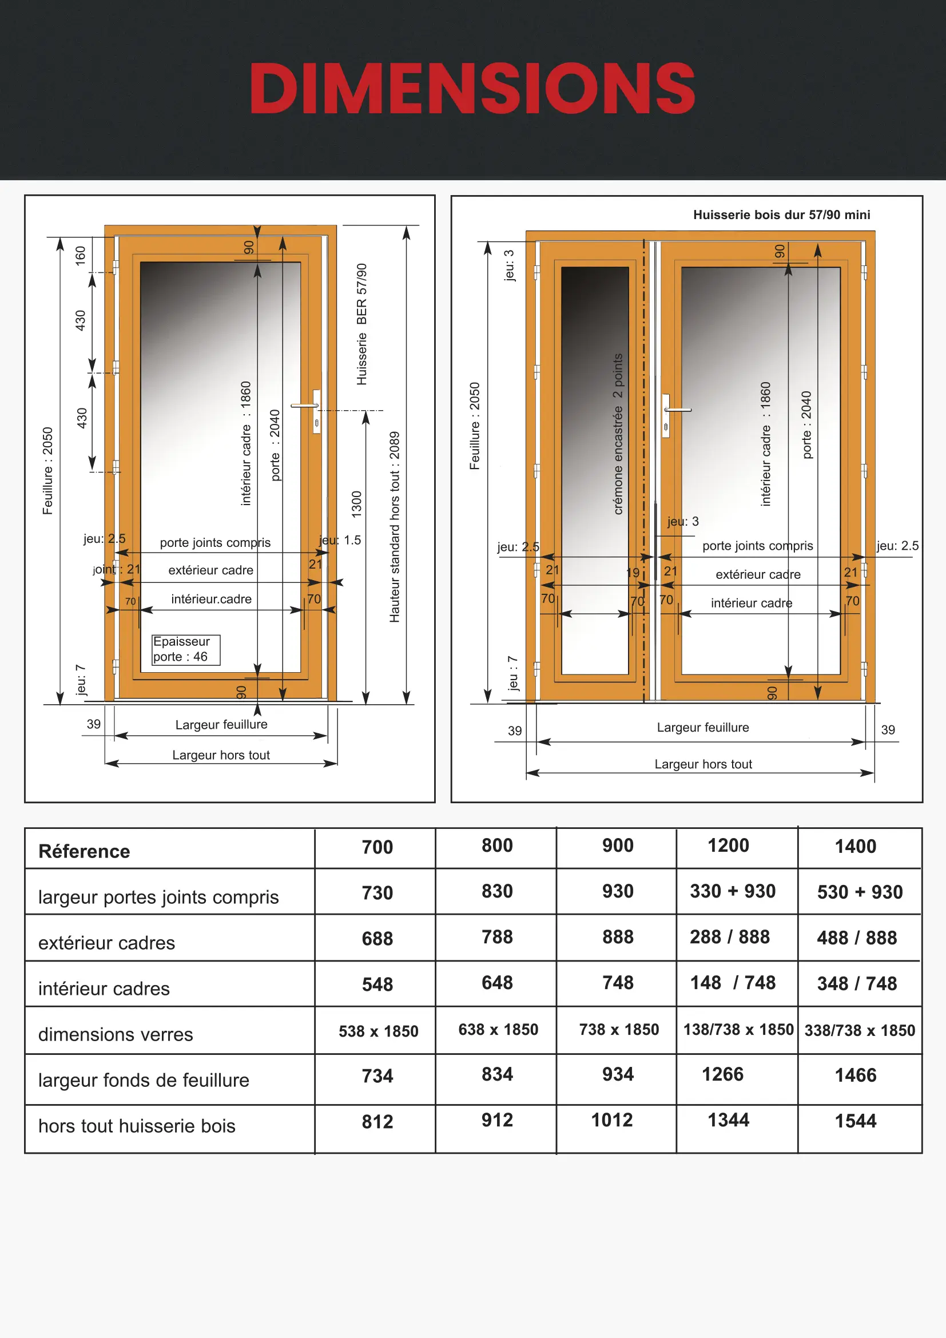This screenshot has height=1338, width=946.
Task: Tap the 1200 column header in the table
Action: click(728, 845)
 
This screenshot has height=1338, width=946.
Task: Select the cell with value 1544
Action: click(855, 1121)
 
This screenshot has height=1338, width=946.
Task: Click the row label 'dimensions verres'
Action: click(116, 1034)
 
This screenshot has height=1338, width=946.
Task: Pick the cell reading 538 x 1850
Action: click(378, 1031)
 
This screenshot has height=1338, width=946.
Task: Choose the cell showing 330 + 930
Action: click(732, 891)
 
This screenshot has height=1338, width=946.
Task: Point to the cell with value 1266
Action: click(722, 1074)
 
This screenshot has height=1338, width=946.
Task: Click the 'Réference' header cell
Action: click(85, 851)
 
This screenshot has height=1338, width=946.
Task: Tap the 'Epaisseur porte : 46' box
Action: click(185, 649)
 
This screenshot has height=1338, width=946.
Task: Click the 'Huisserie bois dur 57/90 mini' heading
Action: click(781, 215)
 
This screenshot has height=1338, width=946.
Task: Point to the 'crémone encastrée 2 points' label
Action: click(618, 434)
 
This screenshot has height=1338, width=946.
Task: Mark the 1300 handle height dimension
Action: click(356, 504)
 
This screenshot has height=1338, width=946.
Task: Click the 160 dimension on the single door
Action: click(81, 255)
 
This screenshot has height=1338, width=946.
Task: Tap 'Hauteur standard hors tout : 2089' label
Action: click(395, 527)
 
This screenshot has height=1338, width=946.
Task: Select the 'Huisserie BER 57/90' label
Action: click(361, 324)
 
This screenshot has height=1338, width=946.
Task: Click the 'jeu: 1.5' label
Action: click(340, 540)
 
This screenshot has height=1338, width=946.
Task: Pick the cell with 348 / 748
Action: click(856, 984)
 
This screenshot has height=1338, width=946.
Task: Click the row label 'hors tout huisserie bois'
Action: click(137, 1126)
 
